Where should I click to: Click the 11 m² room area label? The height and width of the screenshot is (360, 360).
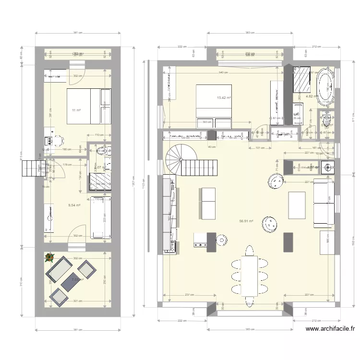(x=76, y=110)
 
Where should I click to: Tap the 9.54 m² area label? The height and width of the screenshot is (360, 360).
(x=73, y=205)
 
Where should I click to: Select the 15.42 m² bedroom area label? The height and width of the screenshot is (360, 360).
(x=224, y=98)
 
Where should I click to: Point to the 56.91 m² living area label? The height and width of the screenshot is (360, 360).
(x=246, y=221)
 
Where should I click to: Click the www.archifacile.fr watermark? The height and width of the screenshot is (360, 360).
(x=330, y=329)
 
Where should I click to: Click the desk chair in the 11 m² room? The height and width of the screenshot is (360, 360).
(x=58, y=140)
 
